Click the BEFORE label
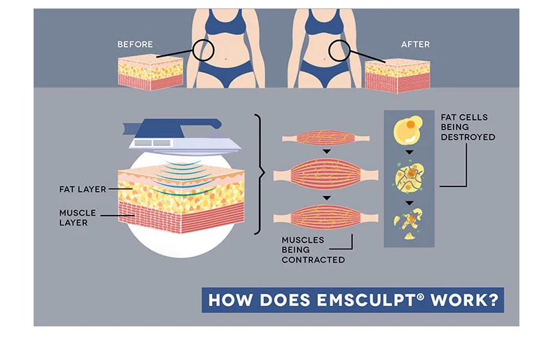(x=135, y=44)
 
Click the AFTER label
(x=415, y=44)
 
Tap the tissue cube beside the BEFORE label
(x=150, y=72)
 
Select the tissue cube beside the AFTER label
(x=397, y=76)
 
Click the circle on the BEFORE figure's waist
(x=203, y=50)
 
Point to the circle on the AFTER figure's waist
(x=339, y=50)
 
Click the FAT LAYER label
(x=82, y=189)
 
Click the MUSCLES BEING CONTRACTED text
(x=313, y=250)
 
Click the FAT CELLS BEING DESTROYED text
(x=468, y=127)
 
